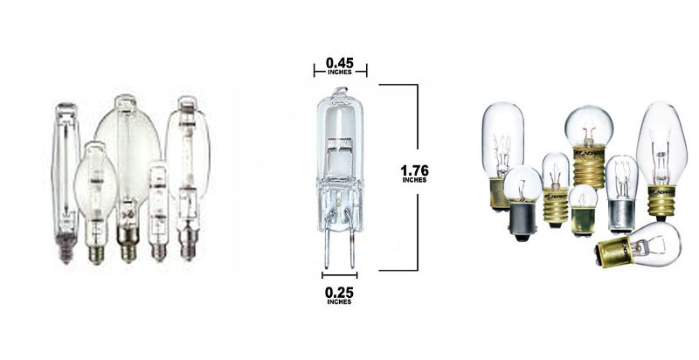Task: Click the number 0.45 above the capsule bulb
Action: tap(340, 63)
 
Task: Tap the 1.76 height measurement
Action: tap(414, 170)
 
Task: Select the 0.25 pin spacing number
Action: tap(339, 293)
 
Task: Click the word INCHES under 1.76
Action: tap(414, 180)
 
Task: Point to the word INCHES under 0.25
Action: tap(339, 302)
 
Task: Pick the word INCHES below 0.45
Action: tap(340, 73)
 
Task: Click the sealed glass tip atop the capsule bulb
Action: tap(340, 91)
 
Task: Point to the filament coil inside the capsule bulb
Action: tap(340, 142)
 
